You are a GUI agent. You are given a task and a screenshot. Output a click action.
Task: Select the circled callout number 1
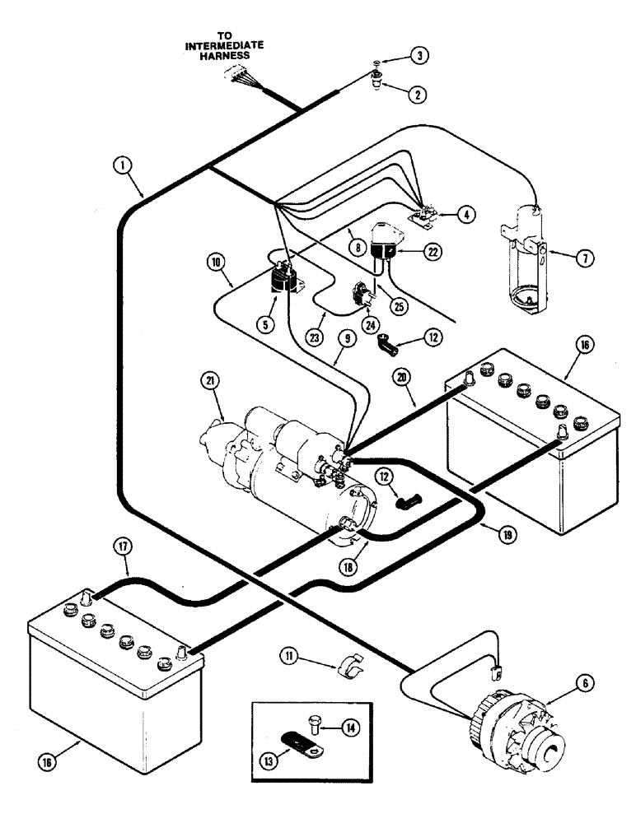124,165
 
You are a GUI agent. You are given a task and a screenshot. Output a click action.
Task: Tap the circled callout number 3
419,57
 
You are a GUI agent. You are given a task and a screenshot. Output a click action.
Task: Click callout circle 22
428,254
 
